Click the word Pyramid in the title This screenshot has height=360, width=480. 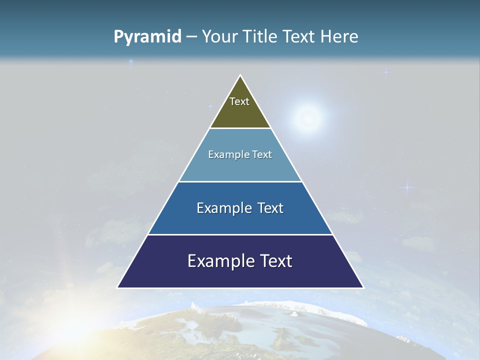(x=147, y=37)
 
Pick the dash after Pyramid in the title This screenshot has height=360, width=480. (x=191, y=37)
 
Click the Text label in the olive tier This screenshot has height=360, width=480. (x=239, y=101)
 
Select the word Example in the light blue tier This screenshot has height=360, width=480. (x=227, y=154)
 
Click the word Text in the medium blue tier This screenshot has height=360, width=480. (x=269, y=208)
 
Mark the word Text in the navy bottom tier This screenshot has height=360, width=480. (x=275, y=261)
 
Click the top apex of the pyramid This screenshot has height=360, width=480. (x=240, y=75)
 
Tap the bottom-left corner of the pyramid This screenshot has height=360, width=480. (x=118, y=287)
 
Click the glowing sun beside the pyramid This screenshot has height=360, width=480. (x=307, y=118)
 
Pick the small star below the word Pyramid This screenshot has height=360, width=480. (x=131, y=62)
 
